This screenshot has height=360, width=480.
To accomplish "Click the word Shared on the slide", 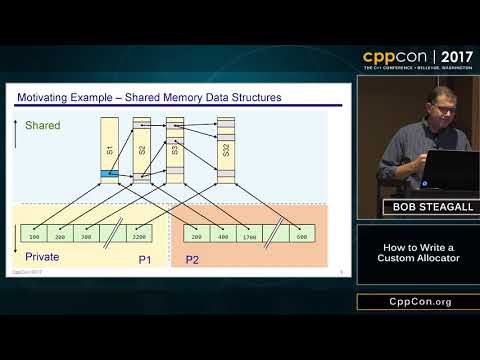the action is point(43,126).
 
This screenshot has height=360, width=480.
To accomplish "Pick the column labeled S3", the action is point(175,150).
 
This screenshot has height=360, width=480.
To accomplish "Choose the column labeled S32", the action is point(226,150).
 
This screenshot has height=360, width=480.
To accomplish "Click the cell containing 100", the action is point(34,237).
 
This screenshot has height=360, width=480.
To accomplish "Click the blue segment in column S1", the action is point(108,176).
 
